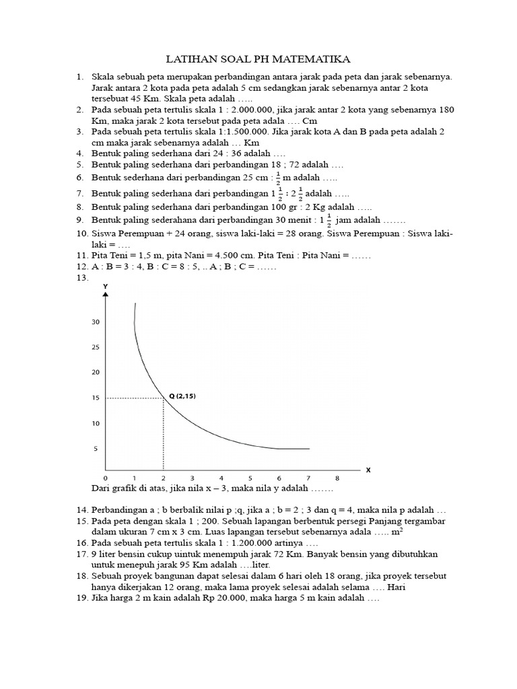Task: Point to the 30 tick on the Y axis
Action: pyautogui.click(x=95, y=322)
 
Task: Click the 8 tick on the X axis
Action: pyautogui.click(x=337, y=478)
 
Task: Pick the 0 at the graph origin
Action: pyautogui.click(x=106, y=478)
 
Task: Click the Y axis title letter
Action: pyautogui.click(x=105, y=287)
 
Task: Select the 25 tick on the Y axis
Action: pyautogui.click(x=95, y=348)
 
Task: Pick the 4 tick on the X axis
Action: pyautogui.click(x=221, y=478)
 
